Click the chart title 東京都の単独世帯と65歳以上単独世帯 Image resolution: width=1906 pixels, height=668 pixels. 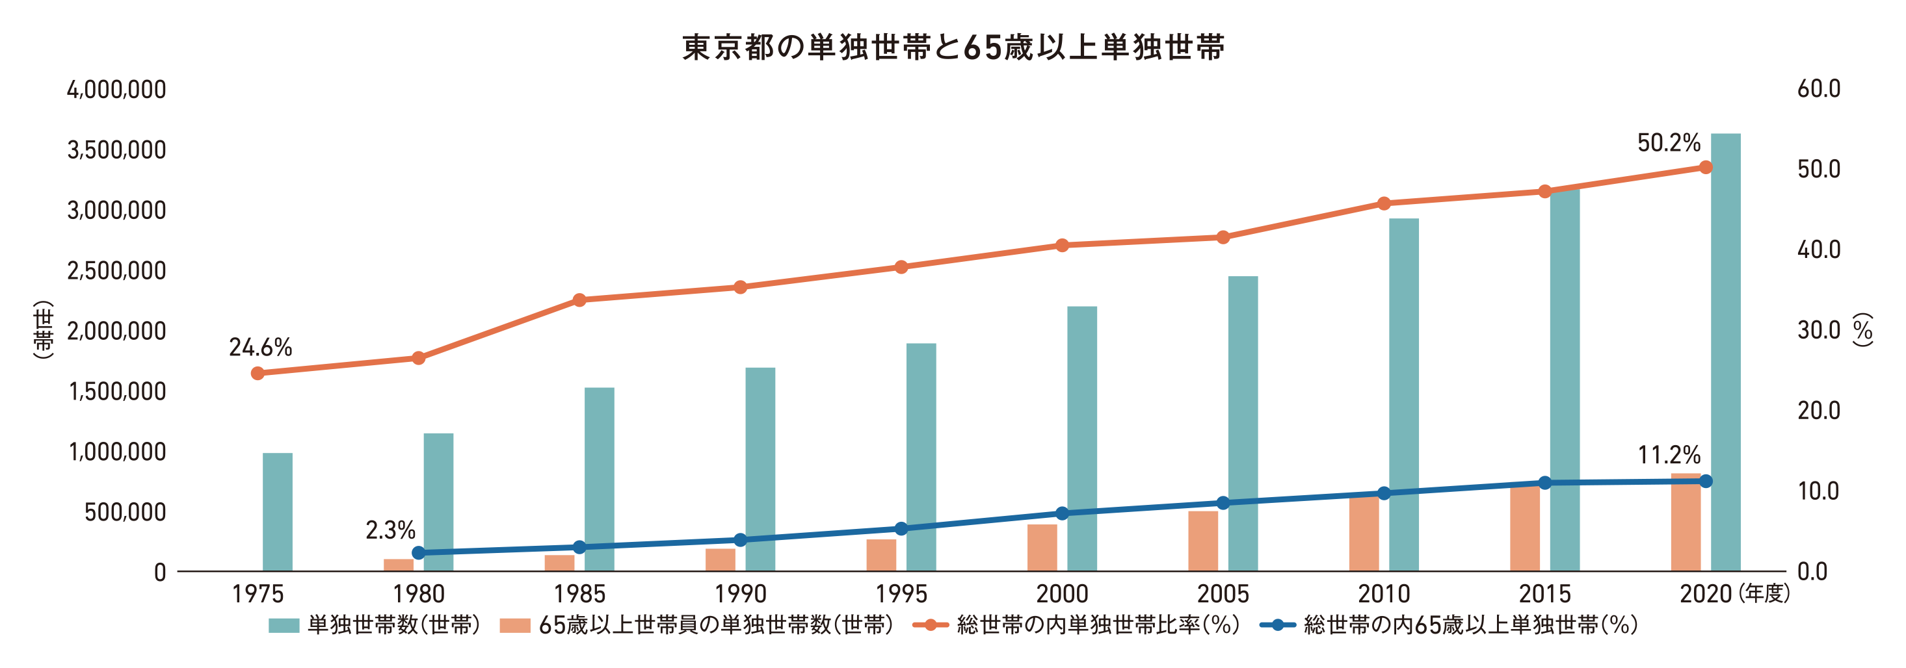click(x=953, y=47)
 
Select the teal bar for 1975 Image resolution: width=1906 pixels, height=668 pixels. click(x=278, y=511)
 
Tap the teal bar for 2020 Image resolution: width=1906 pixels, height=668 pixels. click(x=1725, y=352)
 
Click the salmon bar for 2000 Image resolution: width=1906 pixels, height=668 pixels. click(x=1042, y=547)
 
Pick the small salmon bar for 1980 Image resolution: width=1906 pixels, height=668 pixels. click(x=398, y=565)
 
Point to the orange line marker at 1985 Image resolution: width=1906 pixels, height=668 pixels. click(x=579, y=300)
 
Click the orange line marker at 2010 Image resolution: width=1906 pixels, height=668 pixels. click(x=1384, y=203)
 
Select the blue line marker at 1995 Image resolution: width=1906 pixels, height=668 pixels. click(x=901, y=528)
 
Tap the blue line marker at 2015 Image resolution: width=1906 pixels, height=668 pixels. click(x=1545, y=482)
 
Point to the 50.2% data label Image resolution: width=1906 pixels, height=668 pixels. click(x=1669, y=143)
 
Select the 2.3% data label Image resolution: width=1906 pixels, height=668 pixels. click(x=390, y=530)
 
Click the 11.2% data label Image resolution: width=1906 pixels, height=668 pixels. click(x=1669, y=455)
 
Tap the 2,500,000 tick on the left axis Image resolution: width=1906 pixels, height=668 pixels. click(x=116, y=271)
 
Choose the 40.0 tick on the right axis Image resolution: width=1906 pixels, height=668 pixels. click(x=1818, y=250)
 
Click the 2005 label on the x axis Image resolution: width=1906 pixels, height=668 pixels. click(x=1223, y=593)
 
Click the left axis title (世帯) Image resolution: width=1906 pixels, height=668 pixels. click(x=44, y=330)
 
